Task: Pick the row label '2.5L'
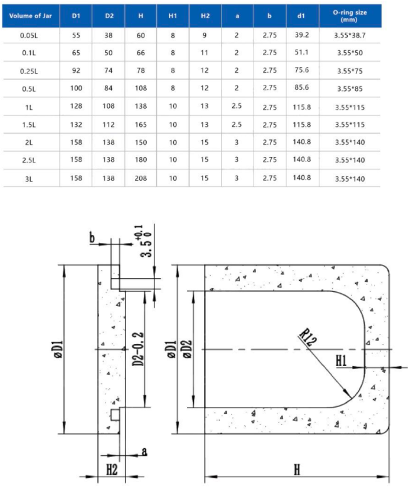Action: click(x=30, y=160)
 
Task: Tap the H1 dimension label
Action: click(x=343, y=360)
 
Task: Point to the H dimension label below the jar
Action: click(x=296, y=468)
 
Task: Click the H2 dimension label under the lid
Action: click(x=111, y=469)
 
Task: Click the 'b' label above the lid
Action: click(x=93, y=238)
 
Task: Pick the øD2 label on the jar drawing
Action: click(x=188, y=348)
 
